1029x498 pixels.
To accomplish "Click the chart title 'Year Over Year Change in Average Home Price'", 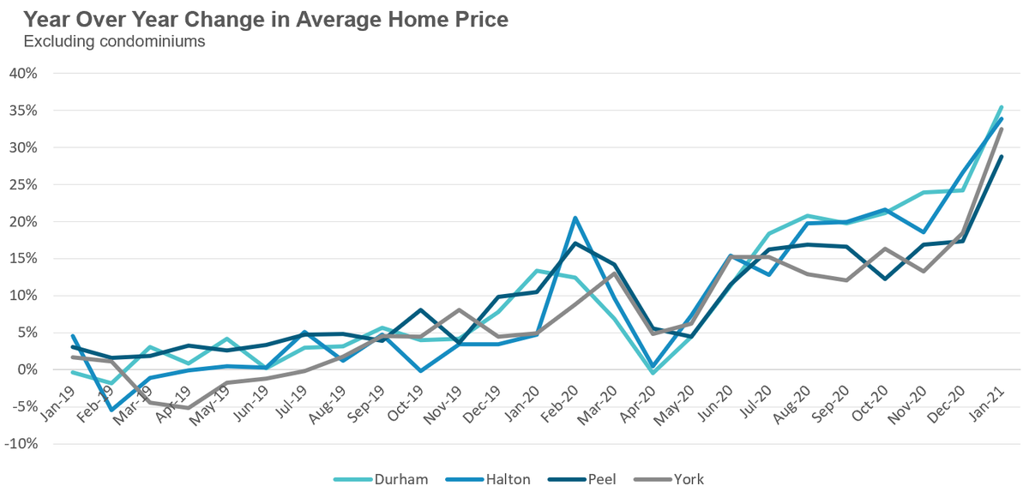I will click(x=265, y=19).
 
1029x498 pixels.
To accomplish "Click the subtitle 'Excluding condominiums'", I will click(x=114, y=41).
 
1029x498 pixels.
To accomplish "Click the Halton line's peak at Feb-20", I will click(x=575, y=218).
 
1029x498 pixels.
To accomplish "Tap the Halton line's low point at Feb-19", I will click(x=111, y=410).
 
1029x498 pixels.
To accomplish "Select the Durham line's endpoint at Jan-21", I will click(x=1002, y=107).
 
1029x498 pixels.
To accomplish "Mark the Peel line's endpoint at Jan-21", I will click(x=1002, y=157).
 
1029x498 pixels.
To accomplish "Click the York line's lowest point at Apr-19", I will click(x=189, y=408).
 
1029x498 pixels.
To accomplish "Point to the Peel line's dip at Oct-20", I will click(x=884, y=279).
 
